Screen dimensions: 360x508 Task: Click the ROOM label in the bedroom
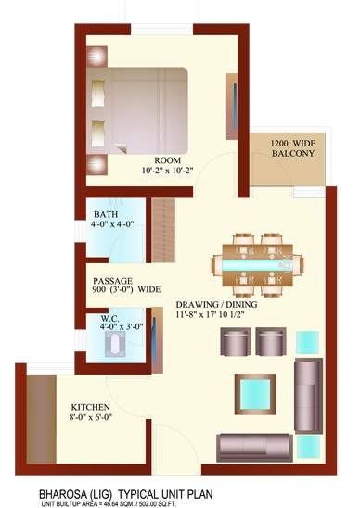(x=167, y=160)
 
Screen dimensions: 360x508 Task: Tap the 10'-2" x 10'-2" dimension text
(x=167, y=171)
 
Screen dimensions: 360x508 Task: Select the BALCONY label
(x=293, y=153)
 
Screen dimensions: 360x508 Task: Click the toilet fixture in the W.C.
(x=115, y=343)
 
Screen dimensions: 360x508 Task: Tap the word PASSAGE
(x=113, y=281)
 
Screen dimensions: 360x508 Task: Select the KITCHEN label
(x=91, y=407)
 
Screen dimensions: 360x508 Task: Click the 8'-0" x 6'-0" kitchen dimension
(x=91, y=417)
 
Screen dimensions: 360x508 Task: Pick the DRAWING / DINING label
(x=216, y=305)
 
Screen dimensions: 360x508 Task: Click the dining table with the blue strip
(x=258, y=265)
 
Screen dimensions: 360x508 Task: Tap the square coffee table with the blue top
(x=255, y=394)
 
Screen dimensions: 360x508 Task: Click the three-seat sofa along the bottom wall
(x=254, y=448)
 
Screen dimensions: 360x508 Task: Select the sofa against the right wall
(x=308, y=396)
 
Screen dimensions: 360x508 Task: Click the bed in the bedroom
(x=137, y=111)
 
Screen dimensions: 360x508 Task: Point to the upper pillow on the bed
(x=98, y=93)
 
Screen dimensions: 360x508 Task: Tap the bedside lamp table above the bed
(x=97, y=57)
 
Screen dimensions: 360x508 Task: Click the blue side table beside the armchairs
(x=307, y=342)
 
